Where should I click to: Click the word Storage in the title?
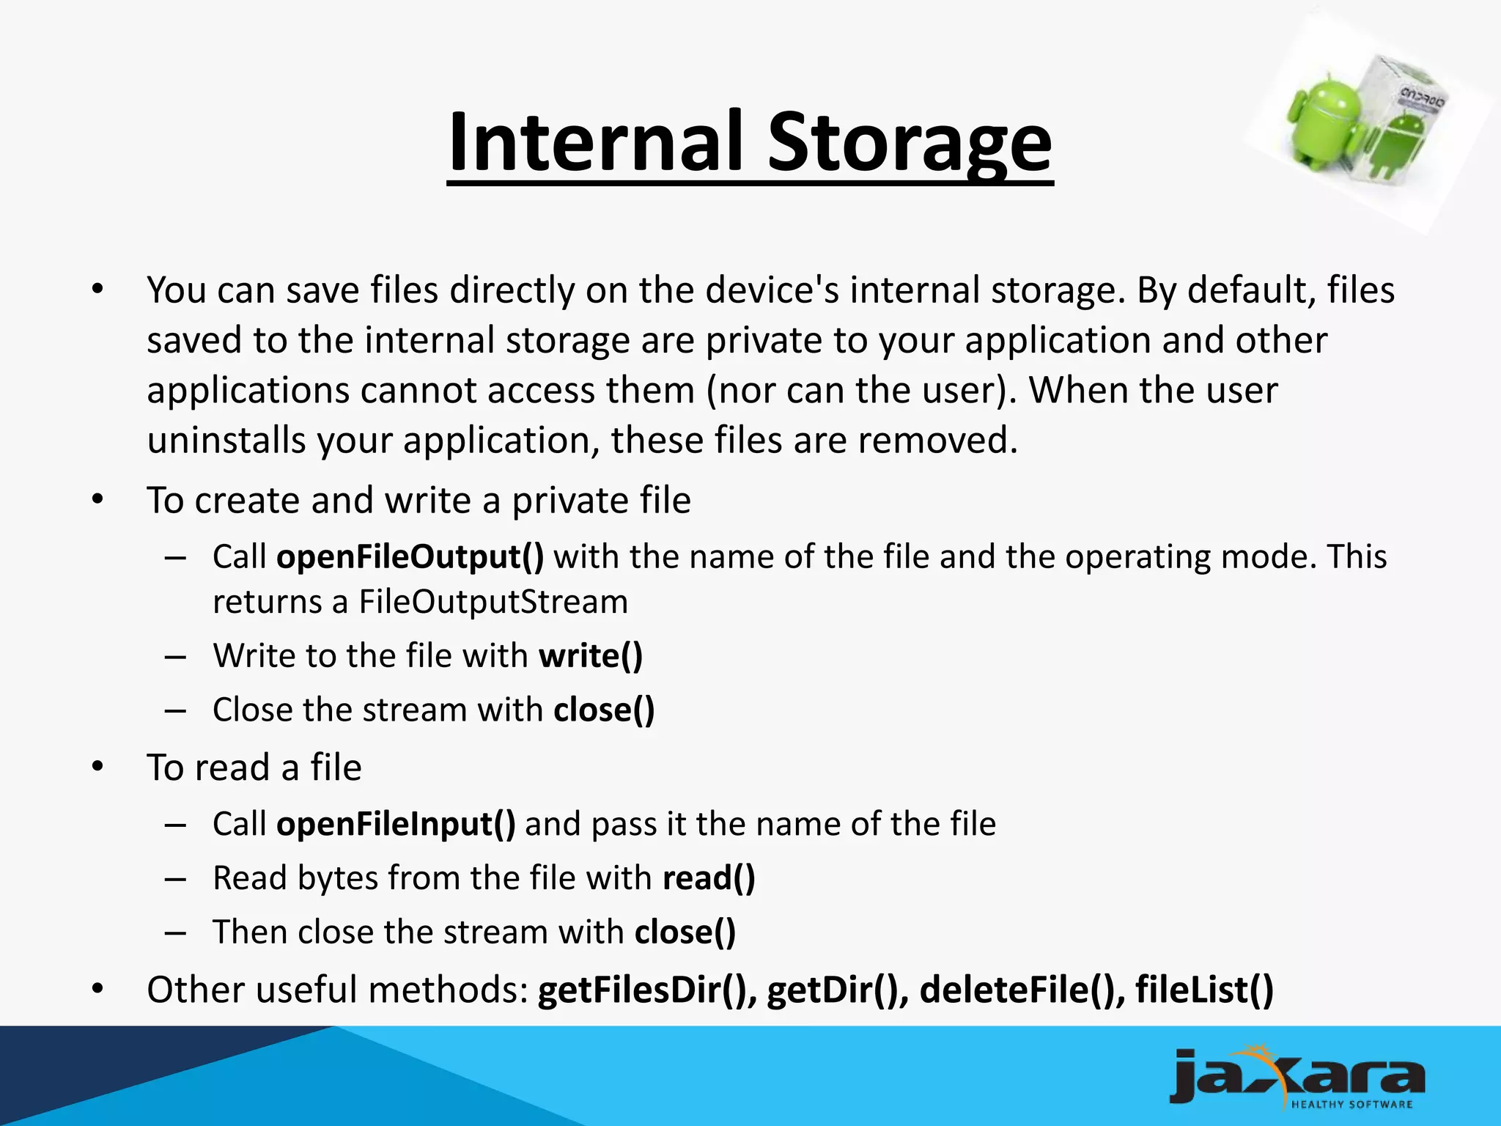click(x=909, y=142)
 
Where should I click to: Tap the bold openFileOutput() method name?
click(x=410, y=556)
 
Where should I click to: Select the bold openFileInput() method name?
click(x=396, y=824)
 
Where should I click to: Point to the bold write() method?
click(x=591, y=655)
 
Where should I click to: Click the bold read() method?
click(x=708, y=878)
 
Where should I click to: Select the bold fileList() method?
click(x=1204, y=990)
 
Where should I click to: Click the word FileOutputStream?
click(x=493, y=602)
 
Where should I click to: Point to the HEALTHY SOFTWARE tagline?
click(x=1351, y=1104)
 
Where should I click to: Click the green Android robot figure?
click(x=1320, y=121)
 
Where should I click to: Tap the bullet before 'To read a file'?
click(x=98, y=768)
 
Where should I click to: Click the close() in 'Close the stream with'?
click(x=604, y=710)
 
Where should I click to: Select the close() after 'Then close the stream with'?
click(x=685, y=932)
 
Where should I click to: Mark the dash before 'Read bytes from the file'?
click(x=175, y=878)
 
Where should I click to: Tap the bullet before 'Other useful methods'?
click(x=98, y=990)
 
